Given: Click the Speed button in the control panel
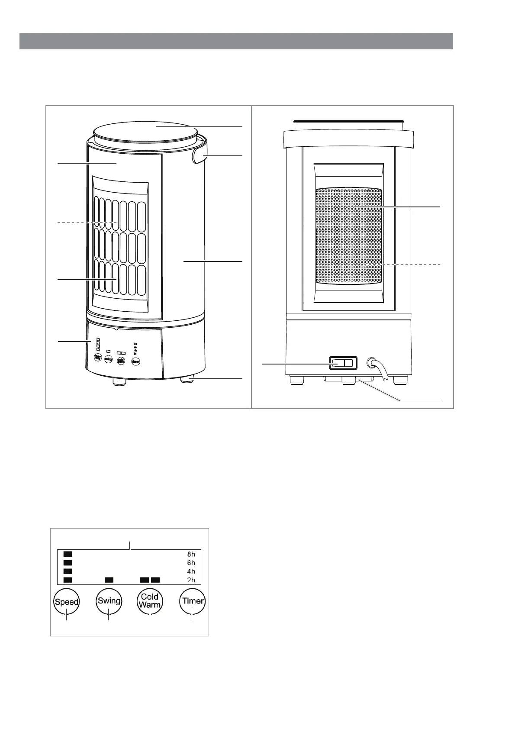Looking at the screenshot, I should (x=67, y=601).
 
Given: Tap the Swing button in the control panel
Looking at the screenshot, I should (x=109, y=601).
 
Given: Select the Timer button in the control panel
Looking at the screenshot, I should (x=193, y=601).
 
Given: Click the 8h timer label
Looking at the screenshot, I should (x=191, y=554).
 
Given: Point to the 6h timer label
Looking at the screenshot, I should (x=191, y=563).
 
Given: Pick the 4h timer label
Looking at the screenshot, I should (x=191, y=571).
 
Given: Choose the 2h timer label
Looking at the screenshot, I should (x=191, y=580).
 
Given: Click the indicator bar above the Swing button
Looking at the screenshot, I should (x=109, y=580).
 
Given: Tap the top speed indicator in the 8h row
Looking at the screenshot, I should (x=68, y=554).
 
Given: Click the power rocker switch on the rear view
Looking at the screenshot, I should (x=344, y=364).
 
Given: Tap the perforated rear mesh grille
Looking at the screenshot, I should (x=349, y=236).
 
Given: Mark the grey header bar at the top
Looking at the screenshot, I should (x=236, y=41).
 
